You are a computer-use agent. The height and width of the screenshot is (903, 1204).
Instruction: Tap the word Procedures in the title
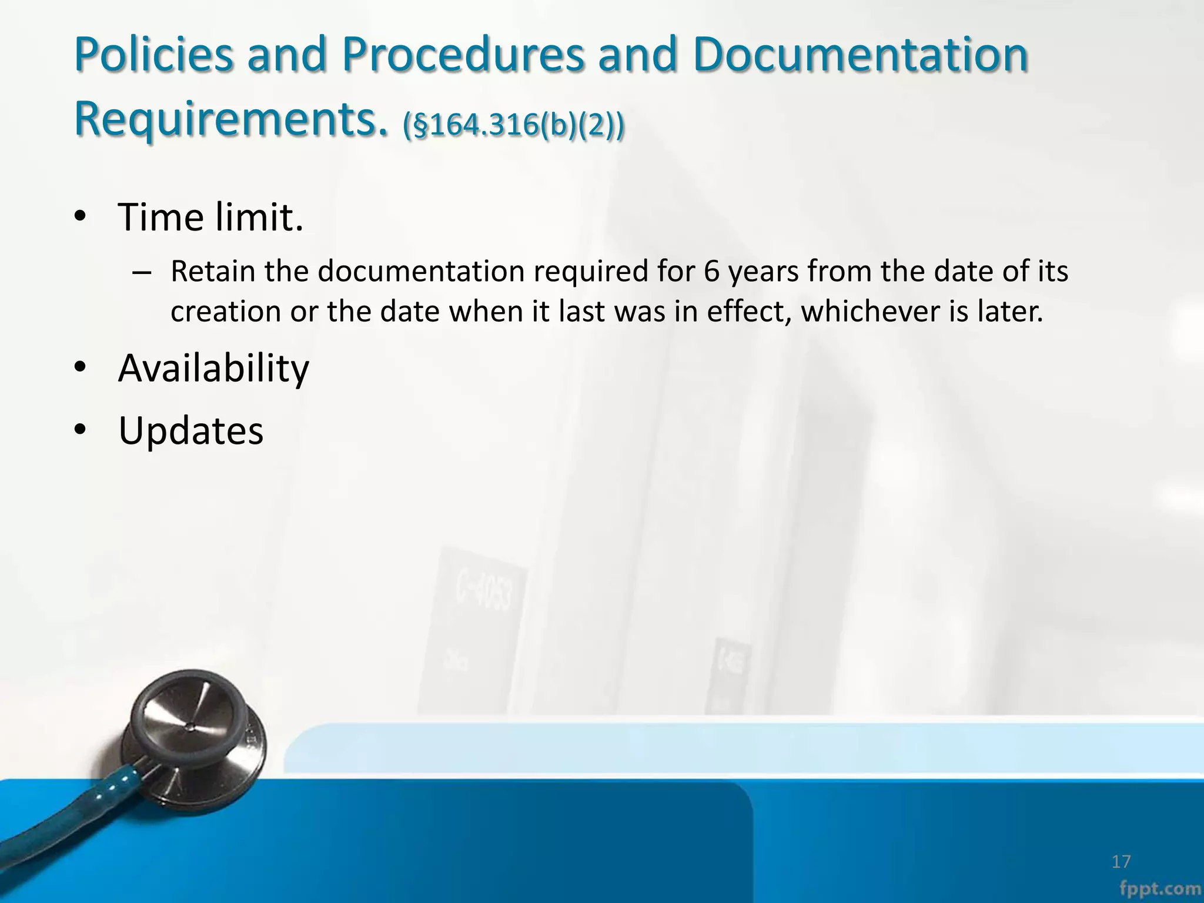(x=463, y=55)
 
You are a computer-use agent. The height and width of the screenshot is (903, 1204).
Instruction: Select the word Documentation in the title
(x=860, y=55)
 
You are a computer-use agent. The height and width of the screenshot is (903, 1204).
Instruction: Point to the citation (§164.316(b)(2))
(x=513, y=125)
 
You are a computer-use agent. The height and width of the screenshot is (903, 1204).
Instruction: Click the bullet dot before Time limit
(x=81, y=218)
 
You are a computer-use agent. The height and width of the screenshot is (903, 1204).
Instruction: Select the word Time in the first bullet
(x=160, y=218)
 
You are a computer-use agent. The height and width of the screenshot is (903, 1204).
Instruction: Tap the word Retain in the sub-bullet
(x=212, y=272)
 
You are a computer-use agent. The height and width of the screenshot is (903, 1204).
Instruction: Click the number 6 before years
(x=711, y=272)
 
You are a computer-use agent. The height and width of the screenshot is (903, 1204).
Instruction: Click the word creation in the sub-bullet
(x=225, y=312)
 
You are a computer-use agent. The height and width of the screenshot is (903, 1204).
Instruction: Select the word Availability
(x=213, y=369)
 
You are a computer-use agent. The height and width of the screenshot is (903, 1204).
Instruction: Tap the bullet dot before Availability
(x=81, y=369)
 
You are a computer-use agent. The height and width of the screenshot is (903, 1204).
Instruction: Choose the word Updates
(x=190, y=432)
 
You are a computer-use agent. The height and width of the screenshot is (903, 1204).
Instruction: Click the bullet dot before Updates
(x=81, y=431)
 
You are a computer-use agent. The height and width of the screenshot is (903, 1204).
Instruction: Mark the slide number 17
(x=1121, y=862)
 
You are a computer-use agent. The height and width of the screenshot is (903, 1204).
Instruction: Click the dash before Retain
(x=142, y=273)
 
